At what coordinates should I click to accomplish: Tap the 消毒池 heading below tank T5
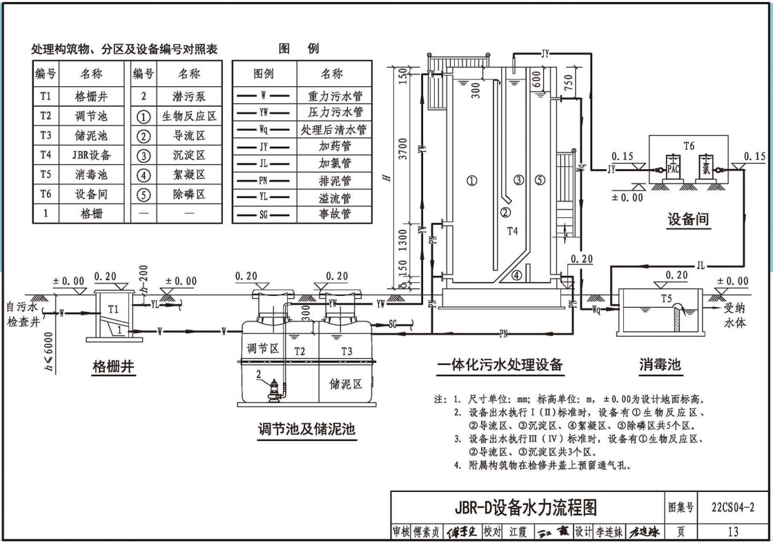[x=659, y=364]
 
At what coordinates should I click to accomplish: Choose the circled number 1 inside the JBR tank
[x=472, y=181]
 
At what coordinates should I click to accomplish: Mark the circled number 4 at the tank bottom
[x=516, y=276]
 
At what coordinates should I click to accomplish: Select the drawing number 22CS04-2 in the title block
[x=732, y=509]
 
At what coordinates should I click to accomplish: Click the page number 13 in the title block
[x=732, y=531]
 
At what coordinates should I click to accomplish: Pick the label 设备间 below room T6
[x=688, y=219]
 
